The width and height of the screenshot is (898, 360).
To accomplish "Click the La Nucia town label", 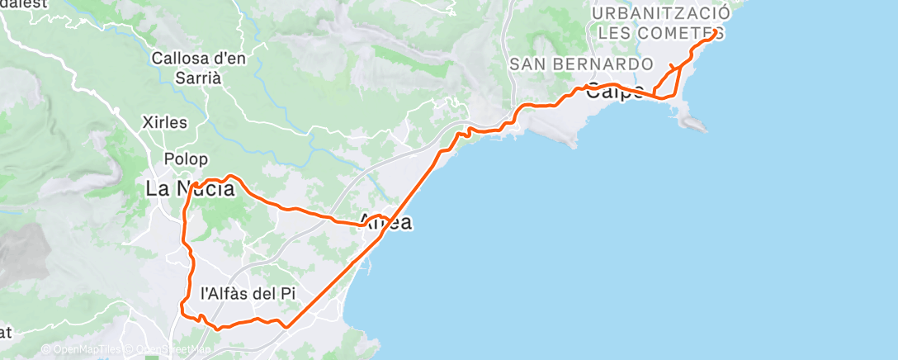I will (190, 189).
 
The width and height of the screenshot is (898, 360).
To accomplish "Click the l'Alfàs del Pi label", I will (248, 292).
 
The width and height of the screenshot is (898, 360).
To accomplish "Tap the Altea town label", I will (386, 222).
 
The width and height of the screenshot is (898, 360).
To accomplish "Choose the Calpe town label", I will (615, 92).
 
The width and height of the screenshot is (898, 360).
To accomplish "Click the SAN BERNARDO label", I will (581, 64).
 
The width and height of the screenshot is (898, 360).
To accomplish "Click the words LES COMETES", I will (661, 34).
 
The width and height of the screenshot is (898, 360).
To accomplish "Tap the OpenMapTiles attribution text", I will (81, 350).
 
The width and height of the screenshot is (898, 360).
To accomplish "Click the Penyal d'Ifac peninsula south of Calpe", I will (692, 122).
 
